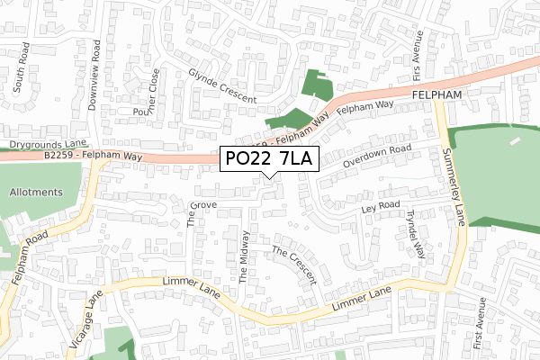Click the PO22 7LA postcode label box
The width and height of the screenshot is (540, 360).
267,160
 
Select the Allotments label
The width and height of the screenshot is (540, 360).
36,193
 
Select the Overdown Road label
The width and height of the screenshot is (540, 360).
376,155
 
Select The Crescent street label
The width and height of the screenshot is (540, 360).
293,263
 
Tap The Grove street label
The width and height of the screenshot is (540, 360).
192,213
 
